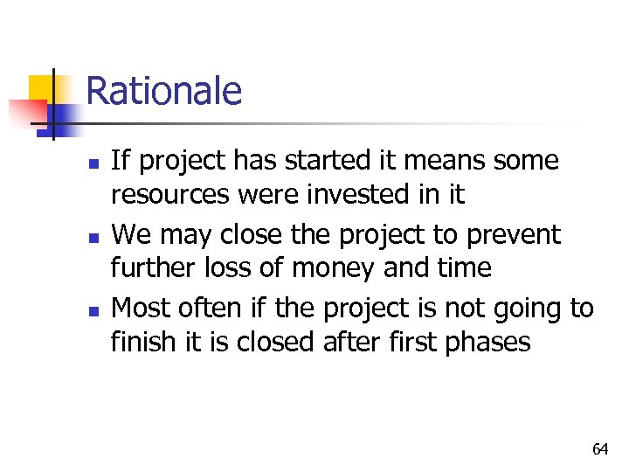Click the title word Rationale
164,91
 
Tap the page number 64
600,449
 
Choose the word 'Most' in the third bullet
143,309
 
